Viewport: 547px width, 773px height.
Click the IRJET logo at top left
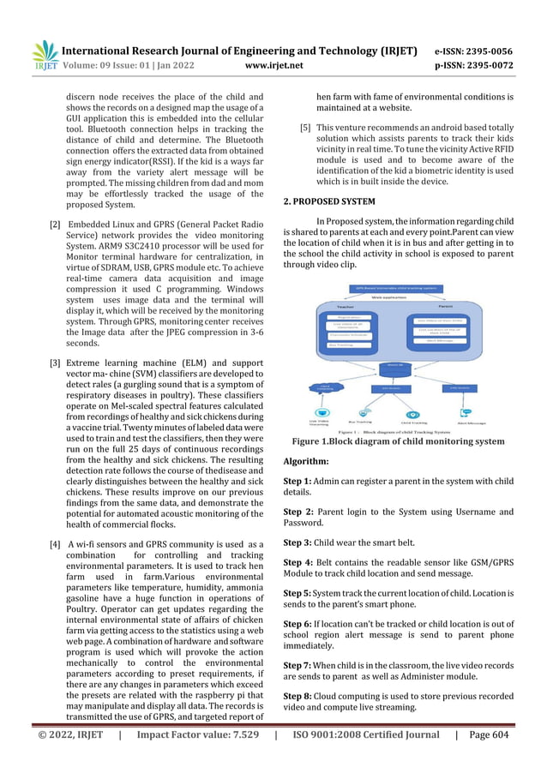42,56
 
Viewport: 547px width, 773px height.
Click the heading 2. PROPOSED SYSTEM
328,201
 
